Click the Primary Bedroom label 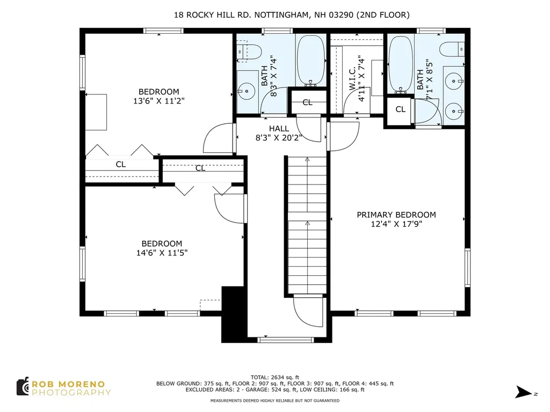[396, 215]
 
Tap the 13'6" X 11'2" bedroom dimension [159, 101]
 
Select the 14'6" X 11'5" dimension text [162, 253]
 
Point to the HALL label [279, 129]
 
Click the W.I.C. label [352, 78]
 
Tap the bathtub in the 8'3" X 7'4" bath [311, 60]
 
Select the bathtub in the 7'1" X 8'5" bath [401, 64]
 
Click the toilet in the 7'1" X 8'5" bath [452, 49]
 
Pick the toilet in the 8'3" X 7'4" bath [249, 52]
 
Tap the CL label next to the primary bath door [401, 109]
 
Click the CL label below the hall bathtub [308, 102]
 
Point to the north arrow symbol [523, 392]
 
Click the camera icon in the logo [23, 386]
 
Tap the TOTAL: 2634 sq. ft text [275, 377]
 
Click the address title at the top [292, 14]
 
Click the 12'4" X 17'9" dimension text [396, 224]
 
